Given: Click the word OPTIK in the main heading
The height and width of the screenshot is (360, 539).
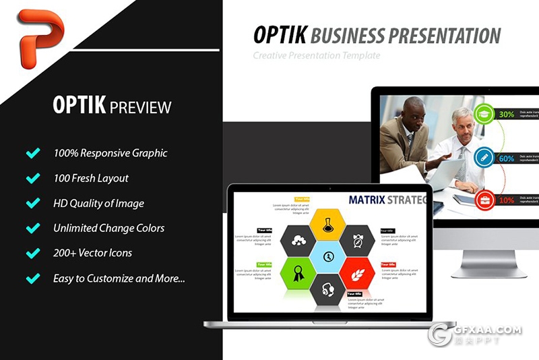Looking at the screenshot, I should tap(279, 36).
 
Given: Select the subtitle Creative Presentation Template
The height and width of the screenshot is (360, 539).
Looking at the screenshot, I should tap(317, 55).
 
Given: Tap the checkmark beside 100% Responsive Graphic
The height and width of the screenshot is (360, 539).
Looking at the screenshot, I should tap(32, 154).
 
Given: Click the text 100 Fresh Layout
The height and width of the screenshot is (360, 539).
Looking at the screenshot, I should tap(91, 179).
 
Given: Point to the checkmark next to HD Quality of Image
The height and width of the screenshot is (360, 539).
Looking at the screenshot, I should tap(32, 204).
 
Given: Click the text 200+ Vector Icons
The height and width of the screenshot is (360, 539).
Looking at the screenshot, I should tap(93, 253).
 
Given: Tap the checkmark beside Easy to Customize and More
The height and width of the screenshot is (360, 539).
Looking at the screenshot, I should tap(32, 278).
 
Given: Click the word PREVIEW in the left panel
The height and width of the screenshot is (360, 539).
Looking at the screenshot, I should tap(140, 107).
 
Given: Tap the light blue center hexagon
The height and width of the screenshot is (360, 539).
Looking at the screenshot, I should tap(328, 257).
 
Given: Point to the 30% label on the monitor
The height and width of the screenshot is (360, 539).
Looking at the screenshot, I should tap(506, 115).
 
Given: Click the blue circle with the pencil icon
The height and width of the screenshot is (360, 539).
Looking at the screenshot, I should tap(483, 158).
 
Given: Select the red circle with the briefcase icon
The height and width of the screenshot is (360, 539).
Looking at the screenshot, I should tap(483, 200).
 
